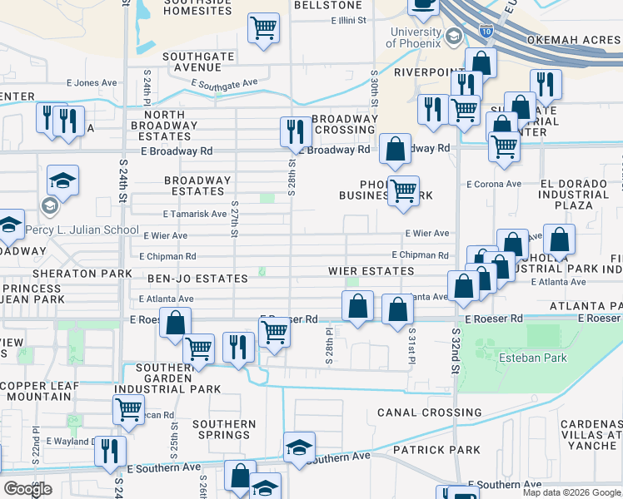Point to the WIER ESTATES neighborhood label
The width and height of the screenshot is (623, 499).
(x=371, y=271)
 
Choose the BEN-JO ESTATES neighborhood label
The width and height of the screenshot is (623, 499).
(x=197, y=279)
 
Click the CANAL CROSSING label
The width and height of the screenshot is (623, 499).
(x=429, y=413)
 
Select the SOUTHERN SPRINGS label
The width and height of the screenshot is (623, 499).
(x=224, y=430)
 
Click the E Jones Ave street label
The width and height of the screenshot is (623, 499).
(x=92, y=83)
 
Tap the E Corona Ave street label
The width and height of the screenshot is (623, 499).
(x=493, y=184)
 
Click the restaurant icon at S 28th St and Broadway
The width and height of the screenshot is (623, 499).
(x=294, y=131)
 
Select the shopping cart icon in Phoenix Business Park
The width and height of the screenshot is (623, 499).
(x=403, y=190)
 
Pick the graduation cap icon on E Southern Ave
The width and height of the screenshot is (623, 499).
(x=299, y=447)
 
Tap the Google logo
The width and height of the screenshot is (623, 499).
(x=28, y=489)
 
